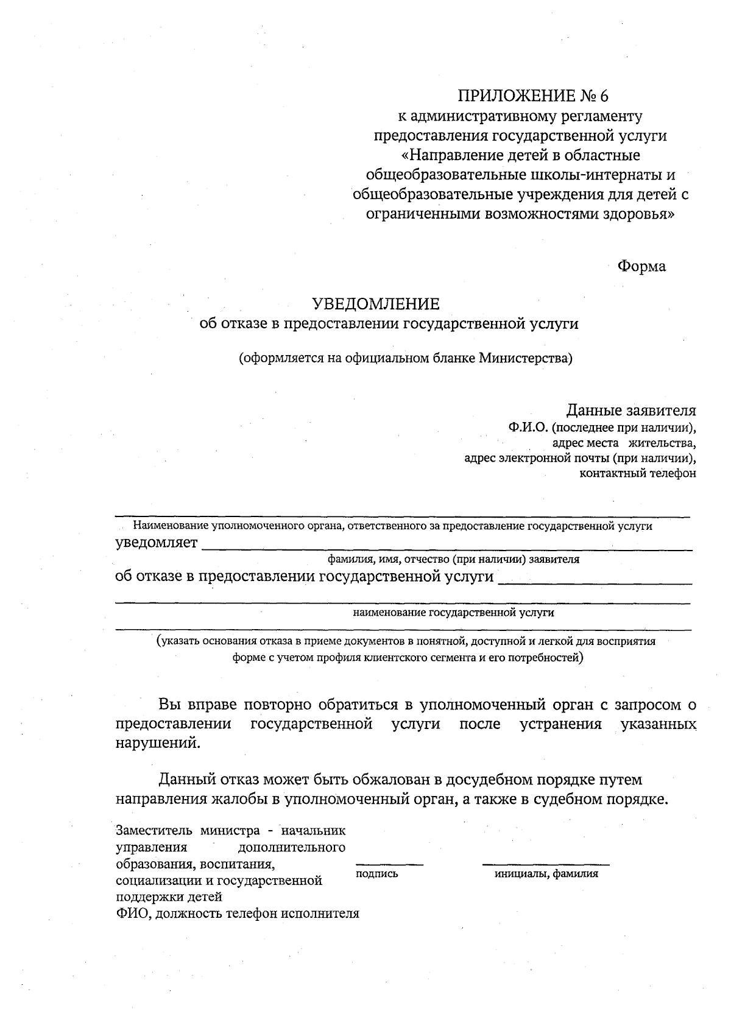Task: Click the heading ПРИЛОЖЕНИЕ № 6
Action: [x=533, y=96]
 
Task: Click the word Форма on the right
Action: [x=641, y=266]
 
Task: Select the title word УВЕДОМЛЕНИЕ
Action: [x=375, y=303]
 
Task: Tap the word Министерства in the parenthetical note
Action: [x=525, y=358]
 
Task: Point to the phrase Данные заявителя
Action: [x=631, y=410]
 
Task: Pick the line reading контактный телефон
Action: [x=638, y=473]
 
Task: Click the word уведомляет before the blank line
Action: [x=157, y=543]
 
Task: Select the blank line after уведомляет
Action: [x=447, y=549]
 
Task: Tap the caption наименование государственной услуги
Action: [x=453, y=613]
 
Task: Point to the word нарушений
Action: [x=157, y=743]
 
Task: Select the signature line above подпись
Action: [x=389, y=864]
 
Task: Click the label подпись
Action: [x=376, y=874]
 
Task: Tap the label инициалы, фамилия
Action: [x=546, y=874]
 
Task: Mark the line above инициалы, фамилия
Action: [x=546, y=864]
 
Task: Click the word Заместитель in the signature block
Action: [x=150, y=830]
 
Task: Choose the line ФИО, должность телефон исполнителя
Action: [x=238, y=913]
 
